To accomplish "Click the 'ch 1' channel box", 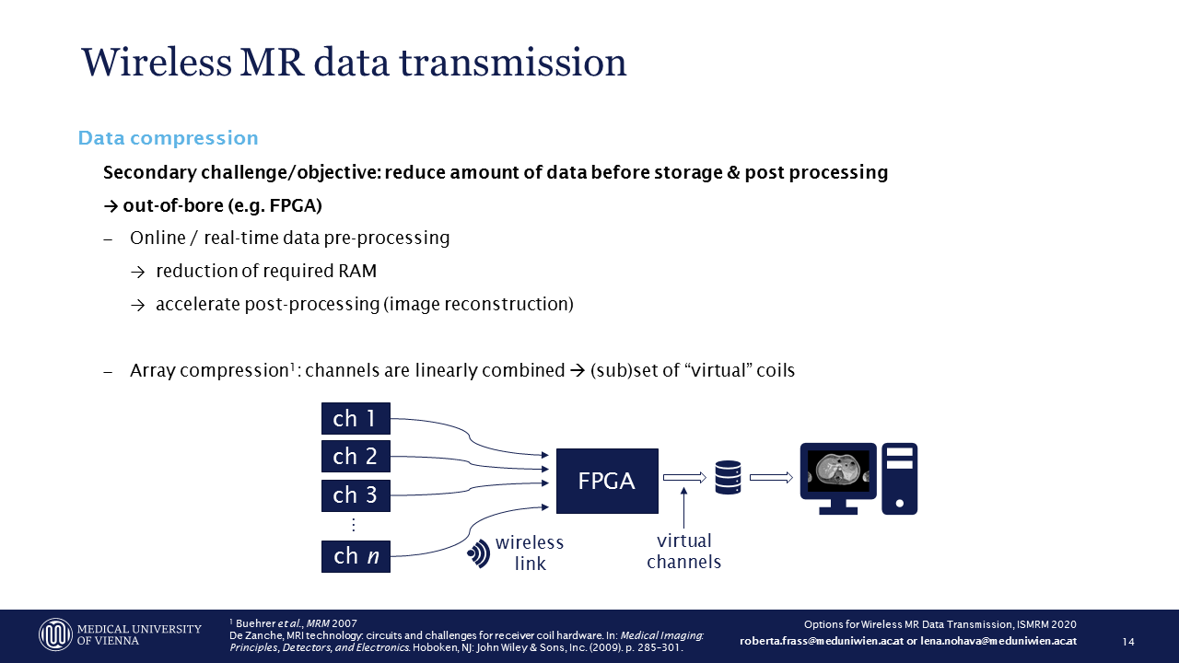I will [x=356, y=419].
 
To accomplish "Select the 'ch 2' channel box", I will [x=356, y=457].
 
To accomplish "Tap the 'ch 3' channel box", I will [x=356, y=495].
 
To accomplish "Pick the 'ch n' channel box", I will [x=356, y=556].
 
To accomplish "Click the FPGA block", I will [x=607, y=481].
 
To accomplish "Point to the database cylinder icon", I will [x=728, y=477].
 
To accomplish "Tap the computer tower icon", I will [x=900, y=478].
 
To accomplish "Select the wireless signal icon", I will [x=479, y=553].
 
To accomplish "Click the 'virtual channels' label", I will [x=683, y=552].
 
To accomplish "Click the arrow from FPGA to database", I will [x=684, y=477].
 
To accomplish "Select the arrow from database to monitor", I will [x=771, y=477].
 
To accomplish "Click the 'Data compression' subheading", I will [x=168, y=138].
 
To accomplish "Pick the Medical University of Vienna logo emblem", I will [x=55, y=634].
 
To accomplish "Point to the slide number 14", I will [x=1128, y=641].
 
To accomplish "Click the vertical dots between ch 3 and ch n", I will [x=353, y=525].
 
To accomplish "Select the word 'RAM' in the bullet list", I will [x=357, y=271].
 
